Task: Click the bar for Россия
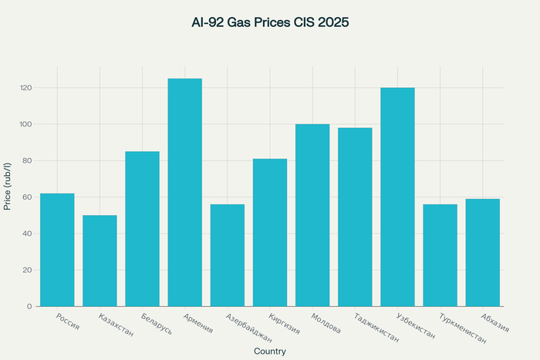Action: (x=57, y=250)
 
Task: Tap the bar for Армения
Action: (x=185, y=193)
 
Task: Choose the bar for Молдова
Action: (x=312, y=215)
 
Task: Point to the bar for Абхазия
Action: (x=482, y=252)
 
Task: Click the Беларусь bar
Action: (x=142, y=229)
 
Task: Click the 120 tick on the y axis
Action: (x=26, y=88)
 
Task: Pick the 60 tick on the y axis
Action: (x=28, y=197)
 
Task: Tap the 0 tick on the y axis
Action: (x=30, y=307)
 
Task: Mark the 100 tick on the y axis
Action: (x=26, y=124)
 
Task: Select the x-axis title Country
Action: (x=270, y=352)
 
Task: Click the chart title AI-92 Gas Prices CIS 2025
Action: (x=270, y=23)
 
